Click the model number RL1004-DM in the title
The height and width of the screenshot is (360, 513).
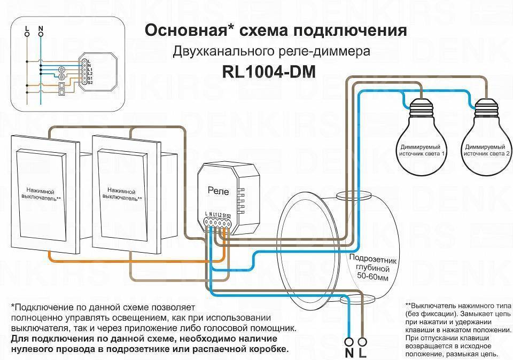268,73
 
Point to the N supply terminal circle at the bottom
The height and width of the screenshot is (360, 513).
350,340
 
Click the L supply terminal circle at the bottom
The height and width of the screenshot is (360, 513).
363,340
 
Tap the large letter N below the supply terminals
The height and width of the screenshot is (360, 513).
349,353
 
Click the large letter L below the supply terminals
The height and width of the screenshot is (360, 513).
364,353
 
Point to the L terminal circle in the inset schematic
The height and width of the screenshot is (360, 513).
27,34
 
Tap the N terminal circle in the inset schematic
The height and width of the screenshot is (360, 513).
41,34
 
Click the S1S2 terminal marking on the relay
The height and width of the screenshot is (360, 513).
227,215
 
